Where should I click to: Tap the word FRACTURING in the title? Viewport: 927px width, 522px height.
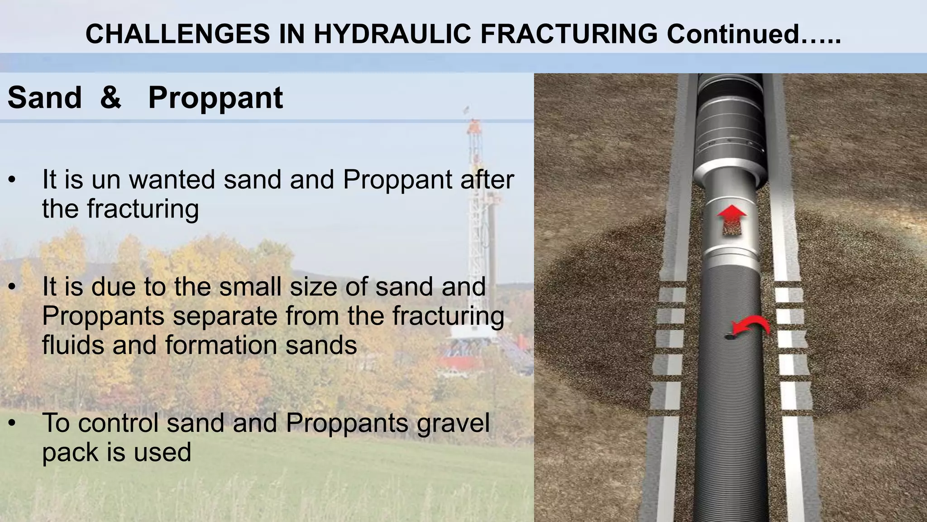tap(569, 34)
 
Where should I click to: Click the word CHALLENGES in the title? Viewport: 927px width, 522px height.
tap(177, 34)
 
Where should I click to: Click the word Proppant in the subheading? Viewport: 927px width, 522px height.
tap(215, 98)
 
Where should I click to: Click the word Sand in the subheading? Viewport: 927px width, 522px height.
tap(44, 97)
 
